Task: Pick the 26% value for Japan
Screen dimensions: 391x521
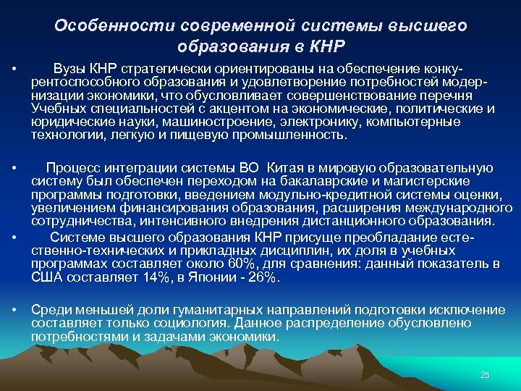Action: [263, 277]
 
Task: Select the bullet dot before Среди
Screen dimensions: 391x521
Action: [14, 310]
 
